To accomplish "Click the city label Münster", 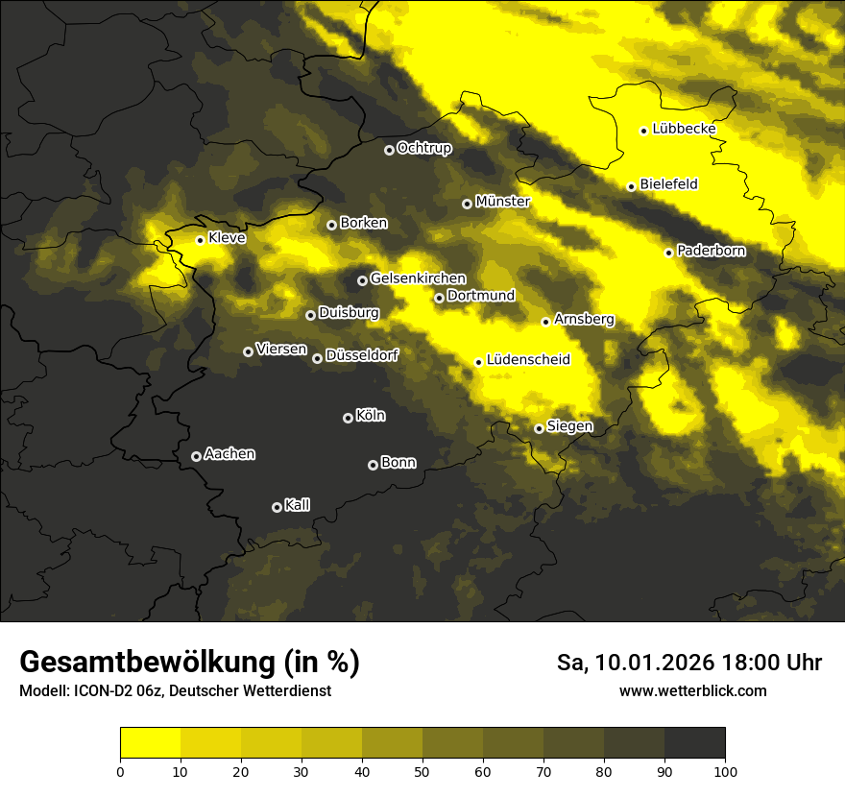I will click(502, 202).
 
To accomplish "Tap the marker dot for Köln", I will click(348, 418).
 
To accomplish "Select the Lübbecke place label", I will click(684, 129).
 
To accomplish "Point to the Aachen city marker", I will click(196, 456).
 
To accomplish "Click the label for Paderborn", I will click(711, 251).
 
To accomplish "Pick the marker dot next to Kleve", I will click(200, 240).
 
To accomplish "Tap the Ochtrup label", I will click(423, 148).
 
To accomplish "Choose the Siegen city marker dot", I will click(539, 428).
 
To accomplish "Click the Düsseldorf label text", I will click(361, 355).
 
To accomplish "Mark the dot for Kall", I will click(277, 507).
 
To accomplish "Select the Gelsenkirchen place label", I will click(417, 278).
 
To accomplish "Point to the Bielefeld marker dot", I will click(631, 186).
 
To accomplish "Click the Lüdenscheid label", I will click(528, 360).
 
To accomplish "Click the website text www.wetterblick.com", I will click(692, 691).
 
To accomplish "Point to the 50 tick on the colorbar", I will click(422, 770).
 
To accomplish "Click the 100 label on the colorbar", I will click(725, 770).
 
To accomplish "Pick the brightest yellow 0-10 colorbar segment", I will click(150, 743).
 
